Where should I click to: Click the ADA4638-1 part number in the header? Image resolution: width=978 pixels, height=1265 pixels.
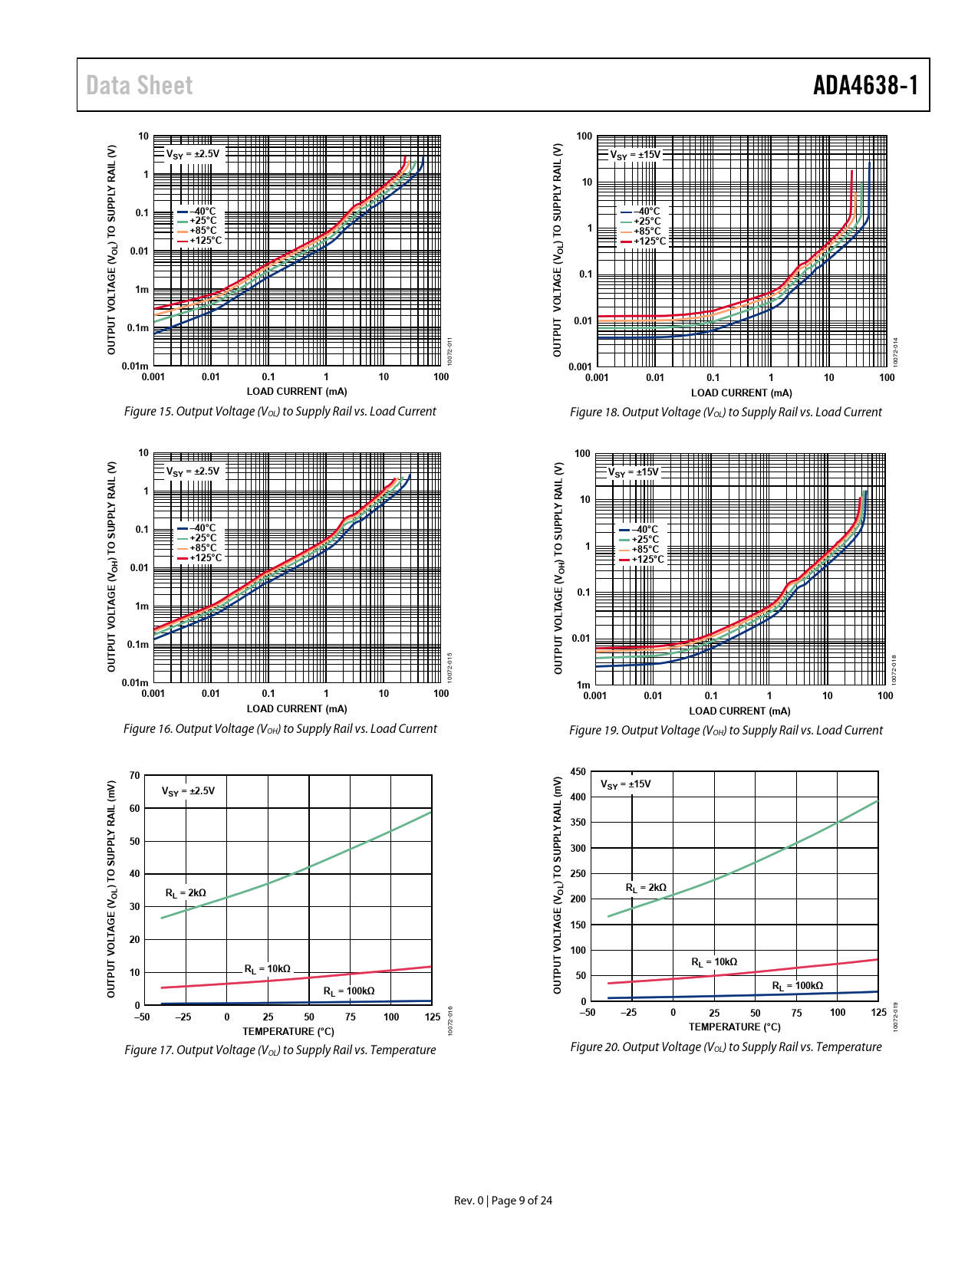(865, 85)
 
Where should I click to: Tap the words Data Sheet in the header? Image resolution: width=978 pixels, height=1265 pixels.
(139, 85)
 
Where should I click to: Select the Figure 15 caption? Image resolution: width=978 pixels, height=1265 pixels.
(280, 412)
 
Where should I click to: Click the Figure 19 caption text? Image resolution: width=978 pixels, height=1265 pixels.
(726, 731)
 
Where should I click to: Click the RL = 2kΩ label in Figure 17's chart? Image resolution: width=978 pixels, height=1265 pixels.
(186, 893)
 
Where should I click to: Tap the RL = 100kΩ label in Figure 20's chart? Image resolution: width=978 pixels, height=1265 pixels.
(797, 986)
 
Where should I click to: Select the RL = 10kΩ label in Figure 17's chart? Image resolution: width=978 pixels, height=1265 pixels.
(267, 969)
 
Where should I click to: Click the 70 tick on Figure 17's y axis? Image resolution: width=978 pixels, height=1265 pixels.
(135, 776)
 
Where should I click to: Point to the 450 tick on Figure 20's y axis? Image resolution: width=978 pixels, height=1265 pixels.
(578, 772)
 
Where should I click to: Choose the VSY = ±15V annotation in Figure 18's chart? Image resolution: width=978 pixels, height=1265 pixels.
(635, 155)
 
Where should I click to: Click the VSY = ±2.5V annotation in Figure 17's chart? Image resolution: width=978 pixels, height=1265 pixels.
(188, 791)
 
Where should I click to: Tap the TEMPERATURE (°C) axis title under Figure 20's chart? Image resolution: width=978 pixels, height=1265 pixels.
(734, 1027)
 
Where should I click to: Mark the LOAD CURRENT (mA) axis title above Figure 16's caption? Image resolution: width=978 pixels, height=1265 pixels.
(296, 709)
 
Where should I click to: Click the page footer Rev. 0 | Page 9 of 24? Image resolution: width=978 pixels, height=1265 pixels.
(503, 1201)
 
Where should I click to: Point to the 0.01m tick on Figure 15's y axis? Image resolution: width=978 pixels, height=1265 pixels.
(135, 366)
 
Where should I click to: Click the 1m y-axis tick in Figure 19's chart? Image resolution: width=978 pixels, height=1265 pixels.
(584, 685)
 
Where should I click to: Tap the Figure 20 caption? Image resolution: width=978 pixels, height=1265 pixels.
(726, 1047)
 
